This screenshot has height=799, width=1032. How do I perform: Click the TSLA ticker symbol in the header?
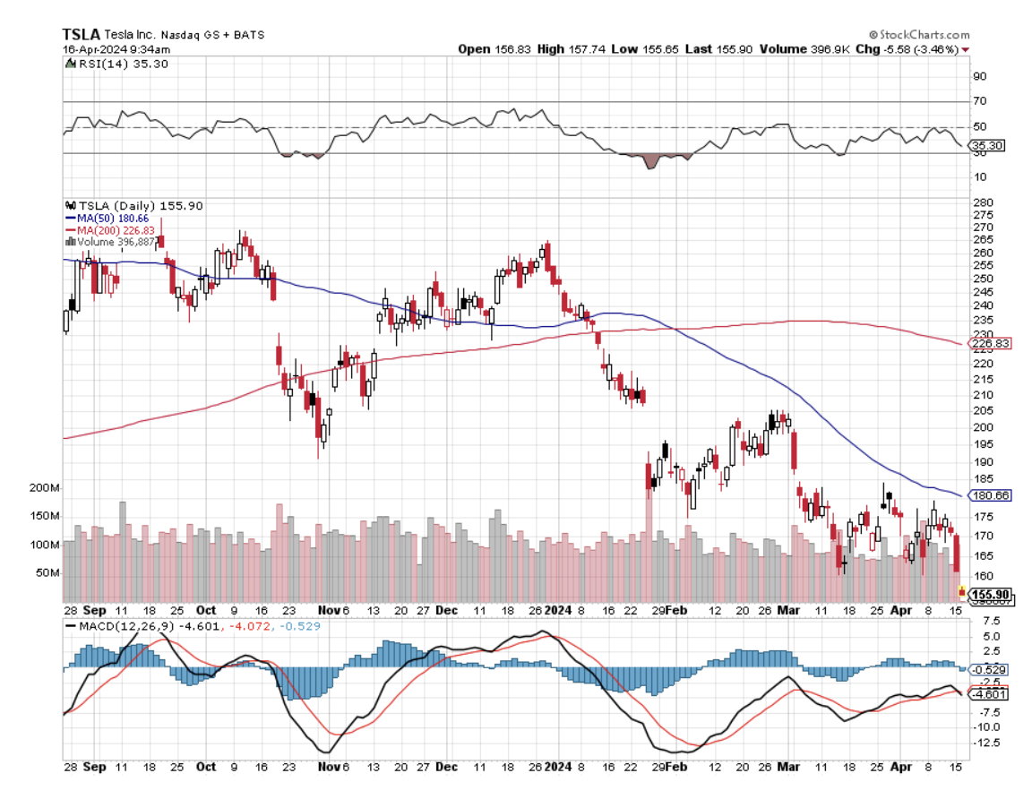click(x=82, y=34)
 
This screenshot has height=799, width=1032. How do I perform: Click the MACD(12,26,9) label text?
click(x=116, y=624)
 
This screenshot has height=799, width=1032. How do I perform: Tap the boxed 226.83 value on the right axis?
click(x=991, y=343)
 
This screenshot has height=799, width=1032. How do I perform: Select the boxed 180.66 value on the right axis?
click(x=991, y=495)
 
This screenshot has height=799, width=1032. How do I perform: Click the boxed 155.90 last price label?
click(x=991, y=594)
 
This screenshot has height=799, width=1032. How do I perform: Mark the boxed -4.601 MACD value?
click(x=989, y=693)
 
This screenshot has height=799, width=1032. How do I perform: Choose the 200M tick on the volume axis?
click(x=44, y=488)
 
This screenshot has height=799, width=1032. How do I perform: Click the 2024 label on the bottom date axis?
click(x=558, y=767)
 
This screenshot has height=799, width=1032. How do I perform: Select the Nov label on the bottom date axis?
click(x=326, y=767)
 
